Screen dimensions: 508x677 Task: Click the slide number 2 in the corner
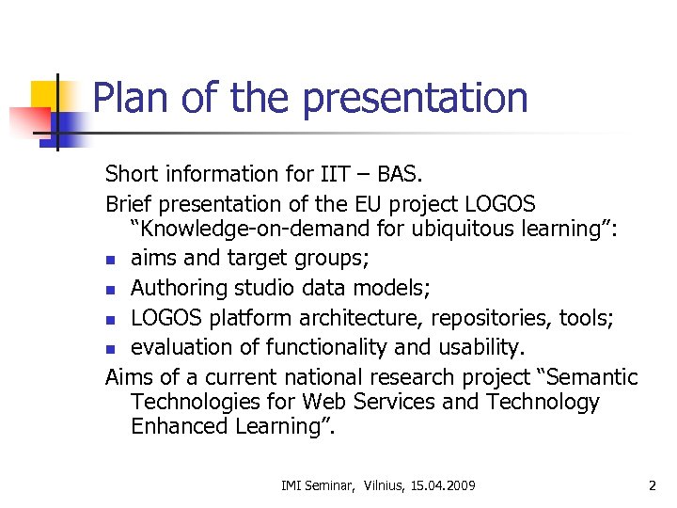652,485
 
